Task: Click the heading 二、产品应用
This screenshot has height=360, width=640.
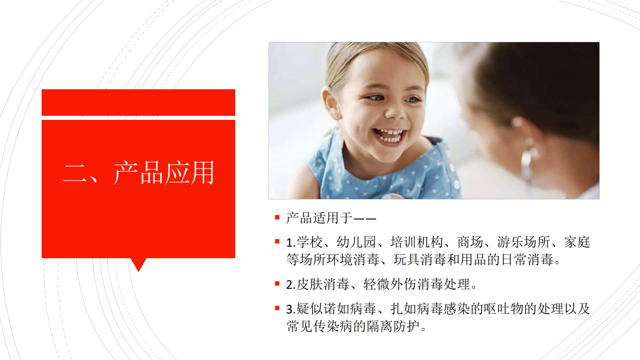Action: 138,173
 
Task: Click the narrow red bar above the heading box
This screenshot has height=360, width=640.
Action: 138,102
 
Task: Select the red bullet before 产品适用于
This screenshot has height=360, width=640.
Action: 277,218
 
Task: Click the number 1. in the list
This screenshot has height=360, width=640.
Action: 291,243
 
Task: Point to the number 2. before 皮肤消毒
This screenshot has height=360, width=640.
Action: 291,285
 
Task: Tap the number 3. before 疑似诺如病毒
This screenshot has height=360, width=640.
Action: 291,309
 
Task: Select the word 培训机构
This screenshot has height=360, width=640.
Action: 417,242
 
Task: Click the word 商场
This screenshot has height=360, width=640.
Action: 470,242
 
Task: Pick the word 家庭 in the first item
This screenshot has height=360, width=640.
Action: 577,242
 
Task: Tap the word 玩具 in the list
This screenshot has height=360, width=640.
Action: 406,260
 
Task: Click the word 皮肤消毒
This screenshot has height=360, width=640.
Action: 323,284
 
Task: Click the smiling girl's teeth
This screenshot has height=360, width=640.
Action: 389,136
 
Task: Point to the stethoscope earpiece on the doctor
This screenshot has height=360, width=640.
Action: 527,160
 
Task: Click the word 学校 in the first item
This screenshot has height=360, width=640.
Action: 309,242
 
